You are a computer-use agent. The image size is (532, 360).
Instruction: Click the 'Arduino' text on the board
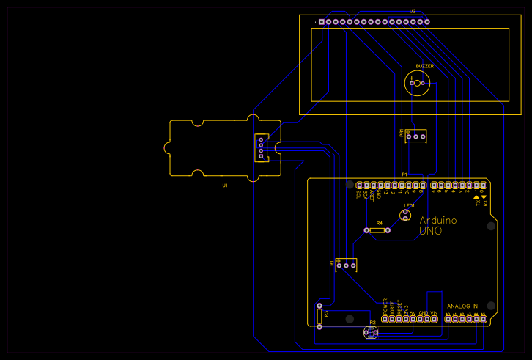[438, 220]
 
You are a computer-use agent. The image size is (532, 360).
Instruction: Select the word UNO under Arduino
[430, 231]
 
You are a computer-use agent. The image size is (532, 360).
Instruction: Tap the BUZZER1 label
[426, 66]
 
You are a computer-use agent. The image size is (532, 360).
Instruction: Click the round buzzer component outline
[417, 83]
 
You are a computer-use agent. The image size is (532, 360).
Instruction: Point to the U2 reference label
[413, 12]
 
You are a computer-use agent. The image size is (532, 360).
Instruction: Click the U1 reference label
[225, 186]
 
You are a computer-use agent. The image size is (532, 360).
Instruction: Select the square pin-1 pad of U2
[321, 22]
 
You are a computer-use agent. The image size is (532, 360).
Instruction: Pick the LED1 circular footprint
[405, 215]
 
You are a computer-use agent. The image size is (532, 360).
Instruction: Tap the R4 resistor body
[377, 230]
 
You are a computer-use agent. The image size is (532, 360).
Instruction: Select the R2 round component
[370, 332]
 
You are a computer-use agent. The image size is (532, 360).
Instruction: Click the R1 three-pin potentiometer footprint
[346, 265]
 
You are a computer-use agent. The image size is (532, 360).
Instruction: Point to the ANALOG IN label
[462, 306]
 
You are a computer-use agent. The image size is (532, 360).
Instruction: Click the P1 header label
[404, 175]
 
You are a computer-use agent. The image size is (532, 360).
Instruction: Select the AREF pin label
[372, 195]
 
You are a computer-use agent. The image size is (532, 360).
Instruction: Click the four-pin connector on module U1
[260, 147]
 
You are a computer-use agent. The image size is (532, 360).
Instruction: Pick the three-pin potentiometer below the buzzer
[416, 136]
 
